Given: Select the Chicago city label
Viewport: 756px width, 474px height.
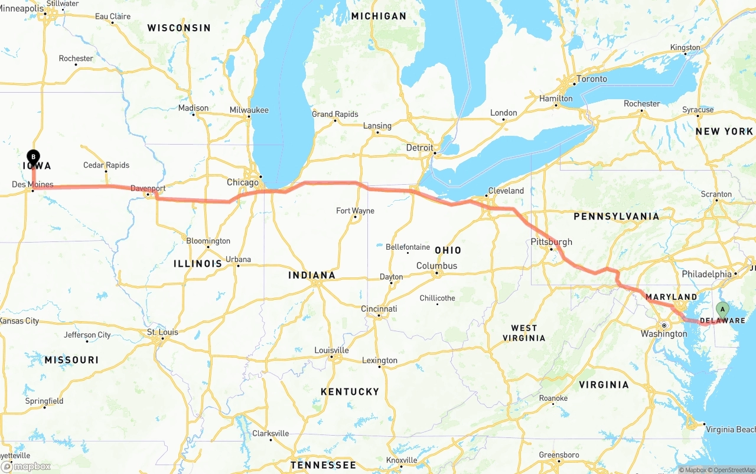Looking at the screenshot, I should [x=243, y=182].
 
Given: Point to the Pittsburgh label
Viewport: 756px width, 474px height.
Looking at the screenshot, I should [x=552, y=242].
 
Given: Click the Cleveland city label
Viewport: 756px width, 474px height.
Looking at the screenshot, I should [x=506, y=191].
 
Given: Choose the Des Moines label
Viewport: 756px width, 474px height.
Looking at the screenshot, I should [x=32, y=185].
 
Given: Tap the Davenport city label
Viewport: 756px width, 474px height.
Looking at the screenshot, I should [x=148, y=189].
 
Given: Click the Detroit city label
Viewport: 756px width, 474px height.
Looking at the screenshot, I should [x=419, y=148].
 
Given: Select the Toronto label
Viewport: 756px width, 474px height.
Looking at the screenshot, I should [x=591, y=79].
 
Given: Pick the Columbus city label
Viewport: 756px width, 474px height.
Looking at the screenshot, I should [x=436, y=266].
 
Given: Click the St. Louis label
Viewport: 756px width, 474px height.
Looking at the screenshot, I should [x=162, y=332].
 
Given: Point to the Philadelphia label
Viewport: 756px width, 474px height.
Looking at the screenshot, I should [x=706, y=274].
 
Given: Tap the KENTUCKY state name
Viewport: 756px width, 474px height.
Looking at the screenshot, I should [x=350, y=391].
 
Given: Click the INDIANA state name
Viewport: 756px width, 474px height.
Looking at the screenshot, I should [x=311, y=275].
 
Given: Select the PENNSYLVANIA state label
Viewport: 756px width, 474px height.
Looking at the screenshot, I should [x=616, y=217].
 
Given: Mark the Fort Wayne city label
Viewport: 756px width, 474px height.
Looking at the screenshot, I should [x=355, y=211].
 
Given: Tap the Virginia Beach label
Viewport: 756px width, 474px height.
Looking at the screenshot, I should [x=731, y=429].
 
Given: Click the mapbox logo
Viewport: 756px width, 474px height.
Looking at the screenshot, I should [x=26, y=466].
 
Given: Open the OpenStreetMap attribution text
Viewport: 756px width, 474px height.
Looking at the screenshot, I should [x=732, y=470].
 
